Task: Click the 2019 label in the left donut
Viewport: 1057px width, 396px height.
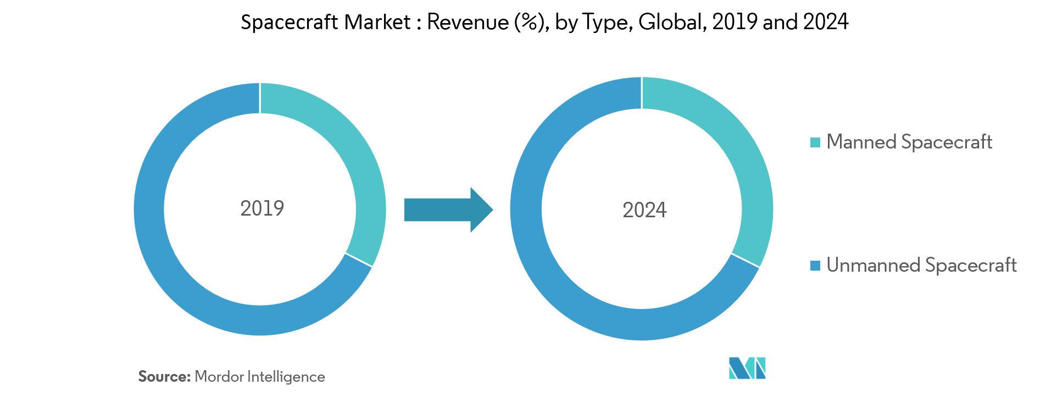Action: click(x=262, y=208)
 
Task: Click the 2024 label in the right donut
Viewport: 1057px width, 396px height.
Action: click(x=644, y=210)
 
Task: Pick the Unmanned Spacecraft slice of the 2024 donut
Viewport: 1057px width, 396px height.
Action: click(x=549, y=275)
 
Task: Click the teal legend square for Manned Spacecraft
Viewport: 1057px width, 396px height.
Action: click(x=815, y=142)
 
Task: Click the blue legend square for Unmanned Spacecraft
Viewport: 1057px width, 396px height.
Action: click(x=815, y=266)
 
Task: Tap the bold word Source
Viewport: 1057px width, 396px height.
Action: click(x=164, y=377)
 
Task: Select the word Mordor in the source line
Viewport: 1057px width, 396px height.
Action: click(x=219, y=377)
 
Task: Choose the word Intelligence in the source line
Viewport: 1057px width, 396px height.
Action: click(x=286, y=377)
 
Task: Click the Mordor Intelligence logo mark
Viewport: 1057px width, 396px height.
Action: click(x=747, y=368)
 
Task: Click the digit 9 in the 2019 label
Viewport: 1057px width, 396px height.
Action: click(x=279, y=208)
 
